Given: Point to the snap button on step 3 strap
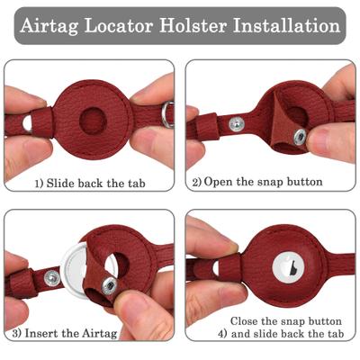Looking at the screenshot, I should coord(51,281).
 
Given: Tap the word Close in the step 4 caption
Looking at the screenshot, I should coord(248,320).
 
